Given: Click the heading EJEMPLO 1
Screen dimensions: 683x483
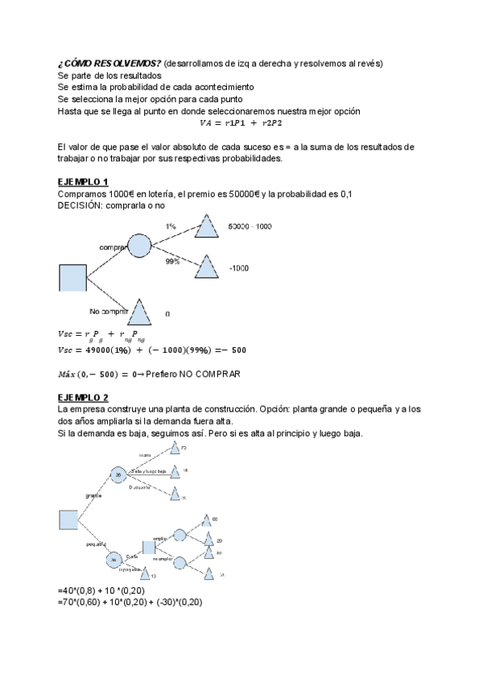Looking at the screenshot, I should click(x=83, y=182).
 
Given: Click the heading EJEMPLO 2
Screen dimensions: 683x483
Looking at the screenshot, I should click(x=83, y=398).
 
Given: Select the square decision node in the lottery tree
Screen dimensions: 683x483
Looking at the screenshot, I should click(x=72, y=278).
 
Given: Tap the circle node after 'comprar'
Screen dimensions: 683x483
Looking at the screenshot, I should click(x=139, y=245).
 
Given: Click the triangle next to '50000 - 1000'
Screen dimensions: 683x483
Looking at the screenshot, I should click(x=207, y=228).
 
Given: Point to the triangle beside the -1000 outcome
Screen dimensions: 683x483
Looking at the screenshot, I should click(x=207, y=267).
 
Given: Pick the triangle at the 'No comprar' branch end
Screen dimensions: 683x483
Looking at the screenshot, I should click(x=139, y=313).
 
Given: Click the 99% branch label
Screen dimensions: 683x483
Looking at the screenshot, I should click(x=172, y=263).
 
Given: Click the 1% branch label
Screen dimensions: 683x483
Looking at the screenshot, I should click(x=171, y=227).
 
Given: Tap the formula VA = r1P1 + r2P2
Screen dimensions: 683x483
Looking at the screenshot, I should click(x=241, y=123).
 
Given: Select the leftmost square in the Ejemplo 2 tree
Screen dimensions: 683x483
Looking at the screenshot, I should click(x=68, y=519).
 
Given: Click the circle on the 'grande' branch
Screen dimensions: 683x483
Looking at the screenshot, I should click(x=118, y=475).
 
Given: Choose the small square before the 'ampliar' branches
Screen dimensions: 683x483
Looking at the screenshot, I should click(x=148, y=547).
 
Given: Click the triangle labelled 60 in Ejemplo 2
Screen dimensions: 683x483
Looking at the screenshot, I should click(x=206, y=520).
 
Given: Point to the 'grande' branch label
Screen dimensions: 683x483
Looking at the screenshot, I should click(x=93, y=496).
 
